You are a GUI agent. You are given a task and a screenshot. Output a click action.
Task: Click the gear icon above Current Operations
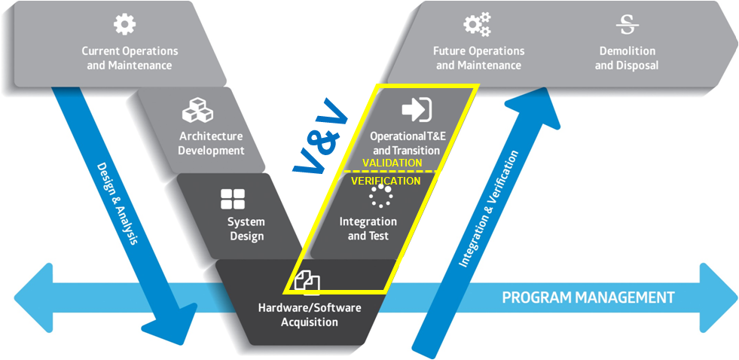pyautogui.click(x=124, y=24)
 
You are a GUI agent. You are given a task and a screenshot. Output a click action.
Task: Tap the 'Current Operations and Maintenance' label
pyautogui.click(x=130, y=58)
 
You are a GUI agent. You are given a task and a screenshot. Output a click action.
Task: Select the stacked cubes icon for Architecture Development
pyautogui.click(x=197, y=111)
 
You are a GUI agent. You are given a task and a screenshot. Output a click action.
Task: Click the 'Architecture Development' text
pyautogui.click(x=211, y=143)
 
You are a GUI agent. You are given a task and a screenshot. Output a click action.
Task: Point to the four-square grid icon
pyautogui.click(x=232, y=199)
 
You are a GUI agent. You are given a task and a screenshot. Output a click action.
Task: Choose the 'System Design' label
pyautogui.click(x=246, y=229)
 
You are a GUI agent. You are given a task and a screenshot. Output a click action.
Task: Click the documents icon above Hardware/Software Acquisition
pyautogui.click(x=307, y=282)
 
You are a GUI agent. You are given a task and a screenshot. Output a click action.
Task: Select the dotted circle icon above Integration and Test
pyautogui.click(x=380, y=196)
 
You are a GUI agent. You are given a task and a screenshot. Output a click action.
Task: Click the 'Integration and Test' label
pyautogui.click(x=368, y=229)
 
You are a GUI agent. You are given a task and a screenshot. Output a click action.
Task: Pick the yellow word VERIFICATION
pyautogui.click(x=386, y=181)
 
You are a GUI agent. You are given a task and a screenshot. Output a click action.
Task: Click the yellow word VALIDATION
pyautogui.click(x=392, y=163)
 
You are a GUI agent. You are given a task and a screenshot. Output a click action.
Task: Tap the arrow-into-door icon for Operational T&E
pyautogui.click(x=416, y=110)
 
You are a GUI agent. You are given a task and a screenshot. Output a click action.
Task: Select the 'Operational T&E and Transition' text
pyautogui.click(x=405, y=143)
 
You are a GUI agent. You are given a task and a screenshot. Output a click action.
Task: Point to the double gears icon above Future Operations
pyautogui.click(x=478, y=25)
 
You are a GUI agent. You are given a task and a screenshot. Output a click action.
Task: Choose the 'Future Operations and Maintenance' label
pyautogui.click(x=478, y=58)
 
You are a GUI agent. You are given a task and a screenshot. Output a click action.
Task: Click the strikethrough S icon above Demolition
pyautogui.click(x=627, y=25)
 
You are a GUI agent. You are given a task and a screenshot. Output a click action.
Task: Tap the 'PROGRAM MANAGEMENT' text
pyautogui.click(x=588, y=297)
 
